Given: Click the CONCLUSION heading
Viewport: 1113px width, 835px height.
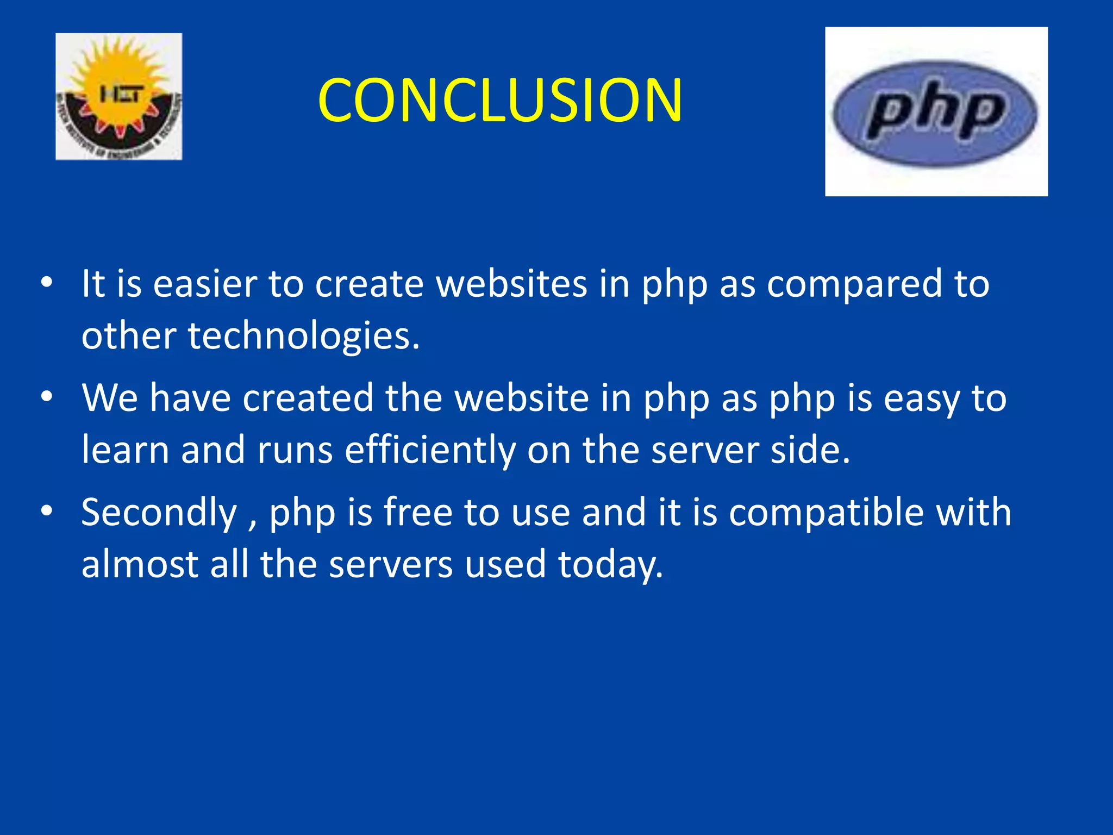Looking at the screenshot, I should pos(500,101).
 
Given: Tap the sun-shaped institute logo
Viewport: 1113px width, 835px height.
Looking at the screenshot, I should pos(119,96).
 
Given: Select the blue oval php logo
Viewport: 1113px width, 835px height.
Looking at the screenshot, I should pos(935,113).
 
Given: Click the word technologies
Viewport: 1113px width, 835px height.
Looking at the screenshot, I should pos(304,335).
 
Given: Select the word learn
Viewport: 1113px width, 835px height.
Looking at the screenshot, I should pos(126,450).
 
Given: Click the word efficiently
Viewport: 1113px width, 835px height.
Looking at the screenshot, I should pos(430,450).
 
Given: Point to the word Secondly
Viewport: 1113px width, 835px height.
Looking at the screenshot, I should pos(159,513).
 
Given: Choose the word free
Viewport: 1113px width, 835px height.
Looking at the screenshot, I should pos(417,513).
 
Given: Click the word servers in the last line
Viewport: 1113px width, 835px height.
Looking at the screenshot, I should pos(391,564).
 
